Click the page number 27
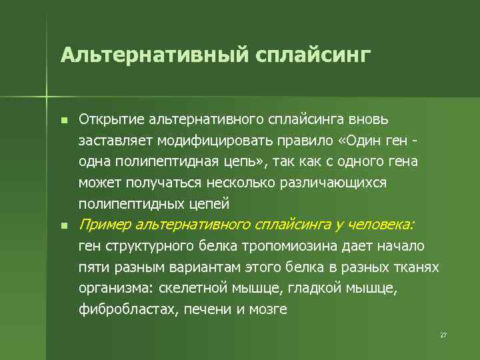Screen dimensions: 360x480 click(x=443, y=335)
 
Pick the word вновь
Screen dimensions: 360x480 click(x=378, y=119)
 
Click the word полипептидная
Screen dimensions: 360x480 click(x=159, y=161)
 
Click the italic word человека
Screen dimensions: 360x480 click(x=376, y=225)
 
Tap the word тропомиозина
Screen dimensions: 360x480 click(x=297, y=246)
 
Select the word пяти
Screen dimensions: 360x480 click(x=92, y=267)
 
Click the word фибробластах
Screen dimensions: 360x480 click(x=127, y=309)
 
